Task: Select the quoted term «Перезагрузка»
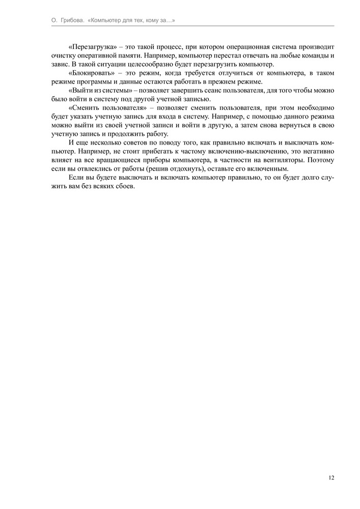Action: [90, 46]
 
